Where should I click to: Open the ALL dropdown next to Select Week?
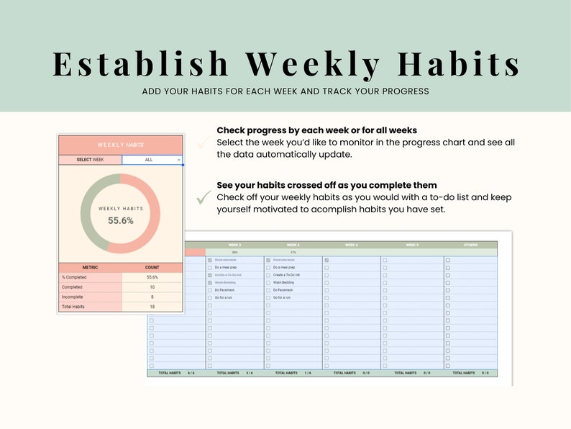[x=152, y=160]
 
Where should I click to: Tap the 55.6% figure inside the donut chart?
[x=121, y=221]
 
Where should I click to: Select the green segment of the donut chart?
[x=91, y=214]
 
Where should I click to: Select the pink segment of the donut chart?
[x=150, y=214]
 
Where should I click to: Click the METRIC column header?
[x=90, y=267]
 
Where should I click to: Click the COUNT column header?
[x=152, y=267]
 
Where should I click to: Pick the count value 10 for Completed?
[x=152, y=286]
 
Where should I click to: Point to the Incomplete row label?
[x=72, y=297]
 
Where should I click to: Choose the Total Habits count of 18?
[x=152, y=307]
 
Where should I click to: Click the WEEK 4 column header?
[x=351, y=245]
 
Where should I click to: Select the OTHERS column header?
[x=470, y=245]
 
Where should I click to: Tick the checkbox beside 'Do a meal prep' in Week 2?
[x=209, y=268]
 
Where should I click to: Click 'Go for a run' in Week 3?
[x=282, y=297]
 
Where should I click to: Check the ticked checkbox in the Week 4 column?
[x=326, y=260]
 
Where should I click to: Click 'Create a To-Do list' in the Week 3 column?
[x=287, y=275]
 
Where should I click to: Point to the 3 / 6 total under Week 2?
[x=249, y=373]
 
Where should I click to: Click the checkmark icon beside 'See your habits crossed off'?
[x=204, y=196]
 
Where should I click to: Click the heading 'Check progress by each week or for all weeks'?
[x=316, y=130]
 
